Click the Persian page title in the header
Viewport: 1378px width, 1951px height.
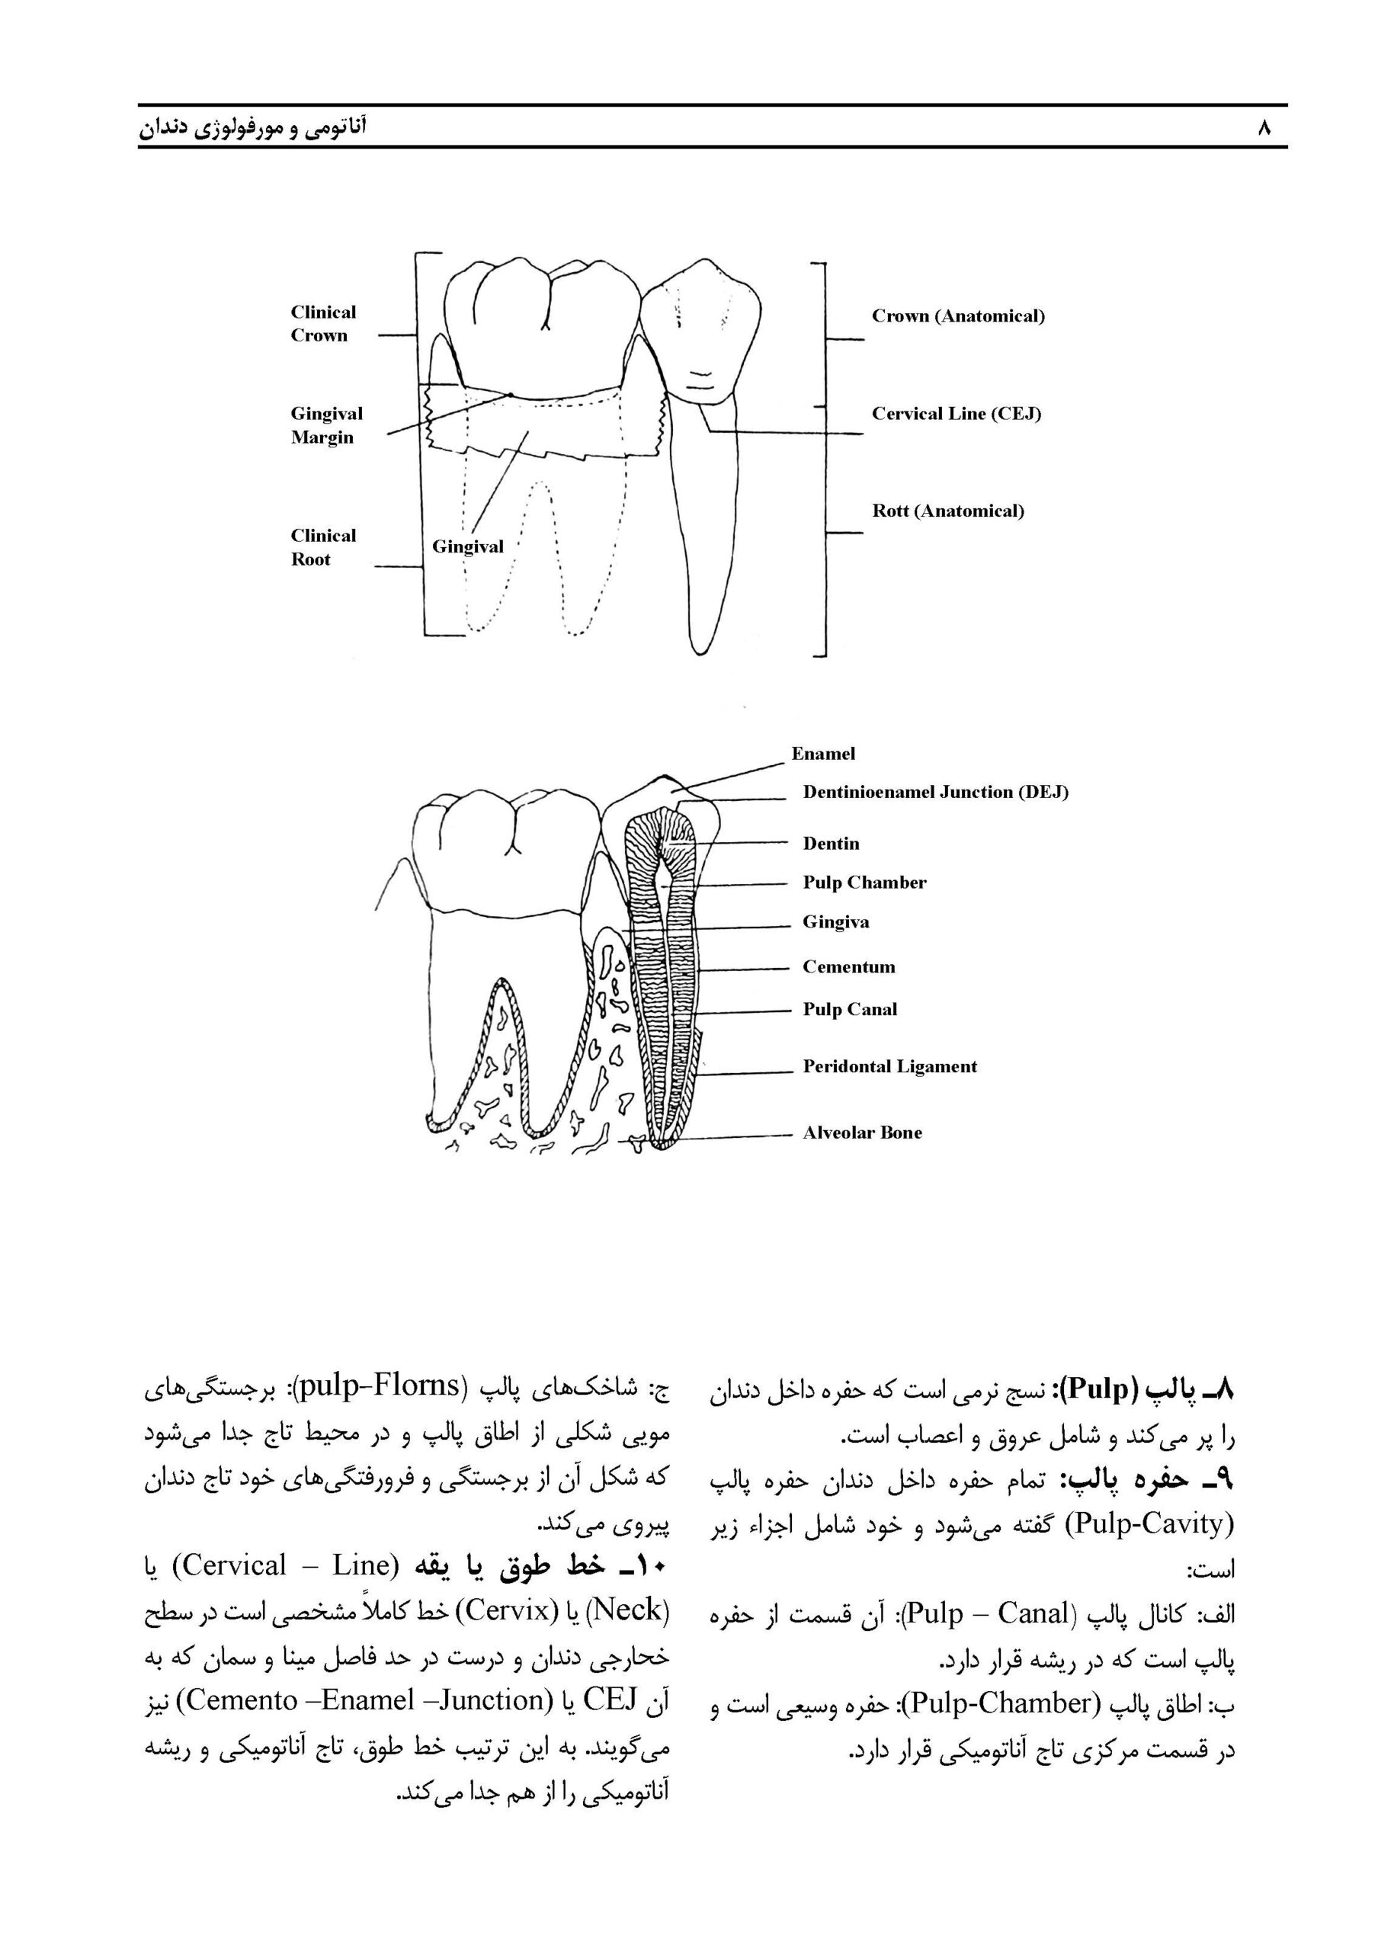coord(252,128)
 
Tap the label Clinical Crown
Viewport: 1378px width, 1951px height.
coord(323,324)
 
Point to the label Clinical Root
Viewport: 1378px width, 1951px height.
coord(323,547)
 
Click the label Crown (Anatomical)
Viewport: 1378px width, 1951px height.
coord(957,316)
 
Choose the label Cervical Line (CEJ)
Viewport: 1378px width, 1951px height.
coord(956,414)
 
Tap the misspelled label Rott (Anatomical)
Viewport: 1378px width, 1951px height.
coord(947,511)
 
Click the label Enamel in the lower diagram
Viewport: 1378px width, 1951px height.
coord(822,754)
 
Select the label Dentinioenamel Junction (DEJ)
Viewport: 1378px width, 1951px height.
coord(934,792)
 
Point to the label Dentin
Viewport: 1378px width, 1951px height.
coord(831,844)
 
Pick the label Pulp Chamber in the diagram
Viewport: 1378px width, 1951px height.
coord(864,883)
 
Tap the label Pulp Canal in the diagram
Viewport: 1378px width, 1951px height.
coord(850,1010)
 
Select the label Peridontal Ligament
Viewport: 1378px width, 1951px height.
coord(889,1066)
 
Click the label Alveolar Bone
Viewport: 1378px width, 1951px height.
coord(861,1132)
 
